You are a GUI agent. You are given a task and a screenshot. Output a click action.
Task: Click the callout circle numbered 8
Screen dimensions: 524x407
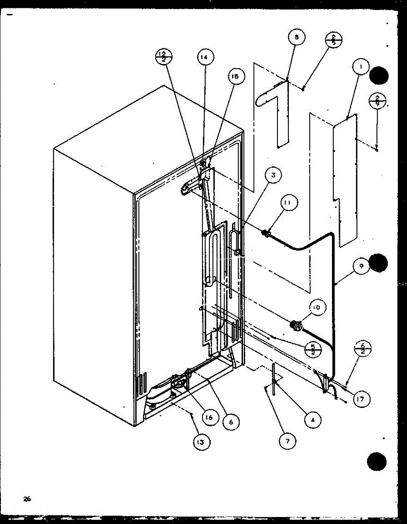coord(297,38)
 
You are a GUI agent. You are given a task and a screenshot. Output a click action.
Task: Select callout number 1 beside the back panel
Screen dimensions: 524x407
coord(361,67)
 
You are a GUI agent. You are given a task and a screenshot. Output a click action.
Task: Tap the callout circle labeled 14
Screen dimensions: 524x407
coord(205,57)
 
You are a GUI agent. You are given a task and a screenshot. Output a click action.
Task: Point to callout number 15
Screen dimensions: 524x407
coord(236,77)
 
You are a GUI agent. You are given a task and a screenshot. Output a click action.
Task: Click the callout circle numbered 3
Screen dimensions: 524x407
coord(273,176)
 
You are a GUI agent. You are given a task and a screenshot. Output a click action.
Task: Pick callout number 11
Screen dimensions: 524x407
coord(289,202)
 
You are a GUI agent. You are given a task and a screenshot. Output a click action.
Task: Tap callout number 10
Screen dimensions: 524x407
coord(316,307)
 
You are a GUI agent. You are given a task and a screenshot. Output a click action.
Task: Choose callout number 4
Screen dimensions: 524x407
coord(312,420)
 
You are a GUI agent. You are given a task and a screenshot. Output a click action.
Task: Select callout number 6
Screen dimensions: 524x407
coord(231,421)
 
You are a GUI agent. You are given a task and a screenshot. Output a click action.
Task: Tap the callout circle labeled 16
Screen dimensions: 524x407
coord(209,417)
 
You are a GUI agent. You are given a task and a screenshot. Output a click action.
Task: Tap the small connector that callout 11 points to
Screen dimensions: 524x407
coord(264,234)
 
